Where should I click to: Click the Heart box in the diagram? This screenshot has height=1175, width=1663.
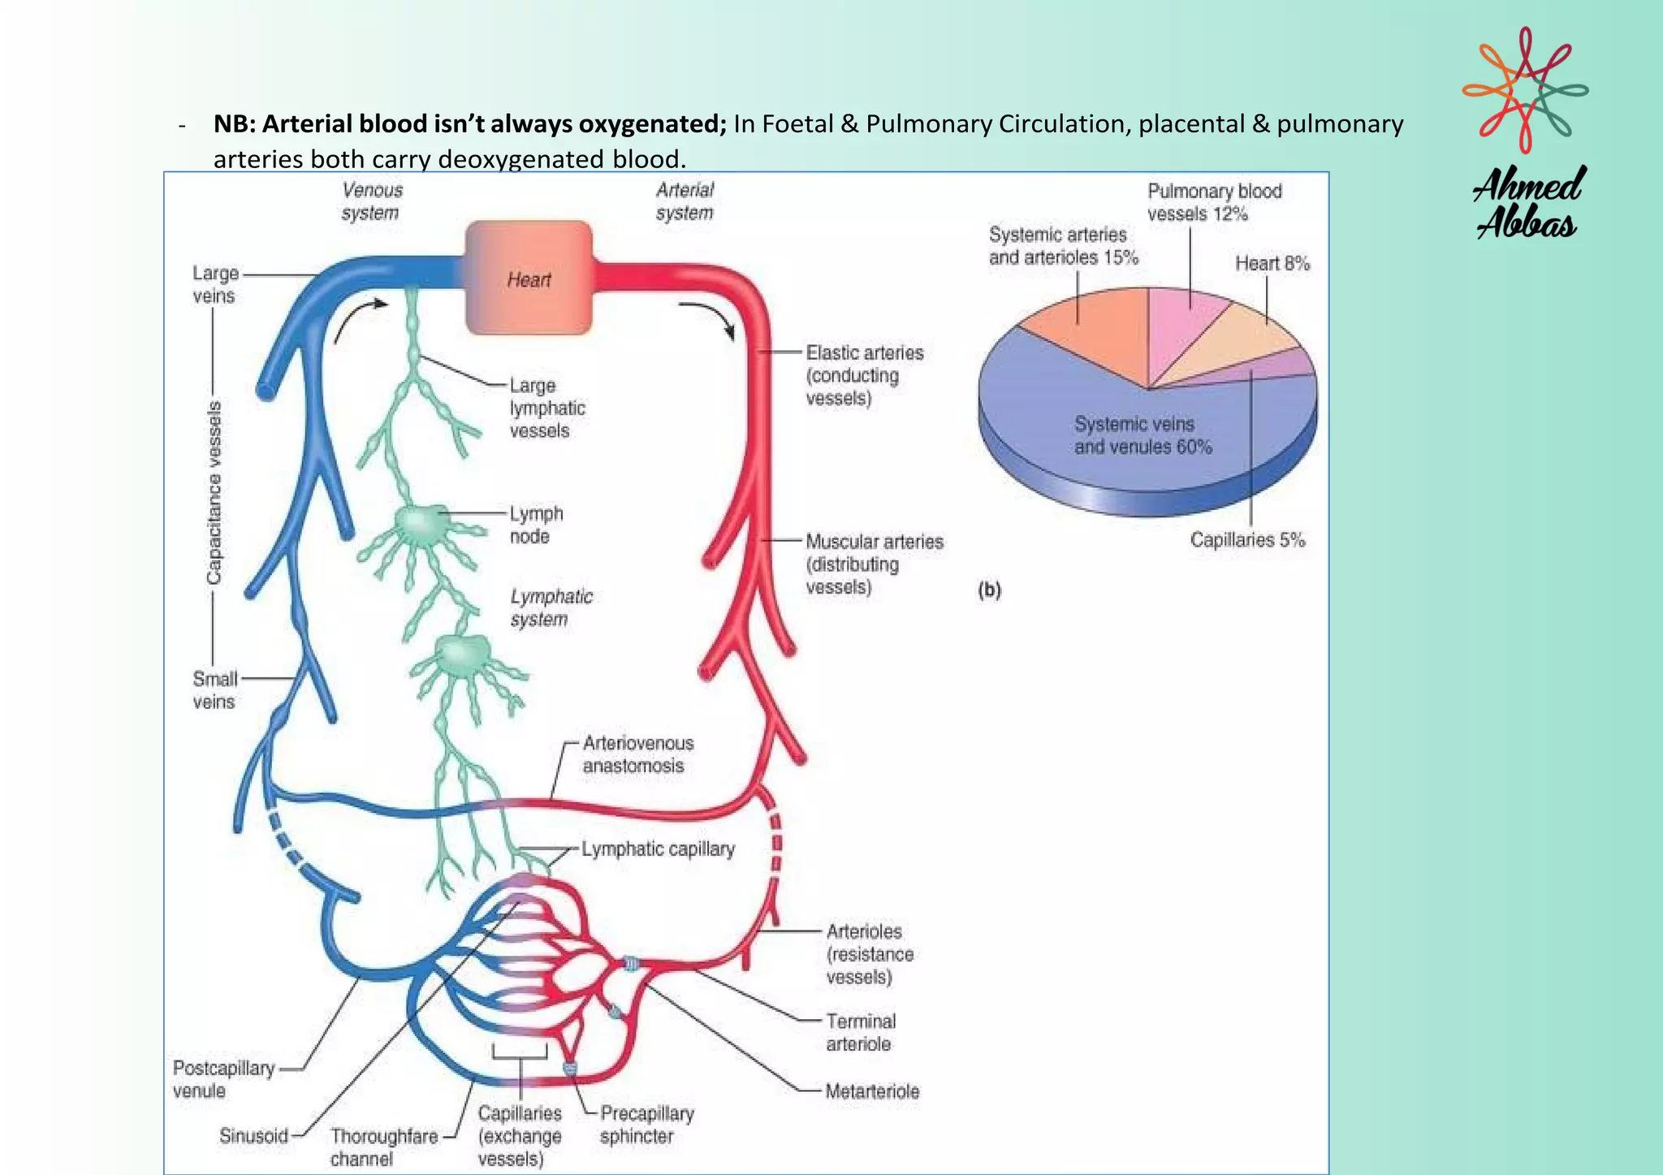pos(529,279)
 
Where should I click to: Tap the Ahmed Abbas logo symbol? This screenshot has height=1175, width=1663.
pos(1525,89)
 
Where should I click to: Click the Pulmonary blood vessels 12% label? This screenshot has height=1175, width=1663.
pos(1213,202)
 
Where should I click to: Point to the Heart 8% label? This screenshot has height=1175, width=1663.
pos(1272,263)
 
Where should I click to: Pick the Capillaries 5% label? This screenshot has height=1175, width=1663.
pos(1247,540)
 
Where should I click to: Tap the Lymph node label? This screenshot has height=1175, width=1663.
pos(535,525)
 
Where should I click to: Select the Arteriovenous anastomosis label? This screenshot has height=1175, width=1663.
pos(637,754)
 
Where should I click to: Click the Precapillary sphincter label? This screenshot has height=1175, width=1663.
pos(646,1125)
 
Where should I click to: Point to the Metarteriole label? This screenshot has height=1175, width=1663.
pos(872,1091)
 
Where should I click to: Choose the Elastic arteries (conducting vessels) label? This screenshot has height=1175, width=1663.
pos(863,375)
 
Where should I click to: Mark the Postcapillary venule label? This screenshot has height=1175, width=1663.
pos(222,1079)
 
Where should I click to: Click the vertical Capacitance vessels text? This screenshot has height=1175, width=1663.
pos(214,492)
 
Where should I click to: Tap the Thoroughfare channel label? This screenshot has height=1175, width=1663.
pos(383,1147)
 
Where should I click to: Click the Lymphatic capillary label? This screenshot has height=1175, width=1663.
pos(658,849)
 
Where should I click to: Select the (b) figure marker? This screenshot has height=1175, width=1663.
pos(989,590)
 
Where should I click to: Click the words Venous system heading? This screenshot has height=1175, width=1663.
pos(371,201)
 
